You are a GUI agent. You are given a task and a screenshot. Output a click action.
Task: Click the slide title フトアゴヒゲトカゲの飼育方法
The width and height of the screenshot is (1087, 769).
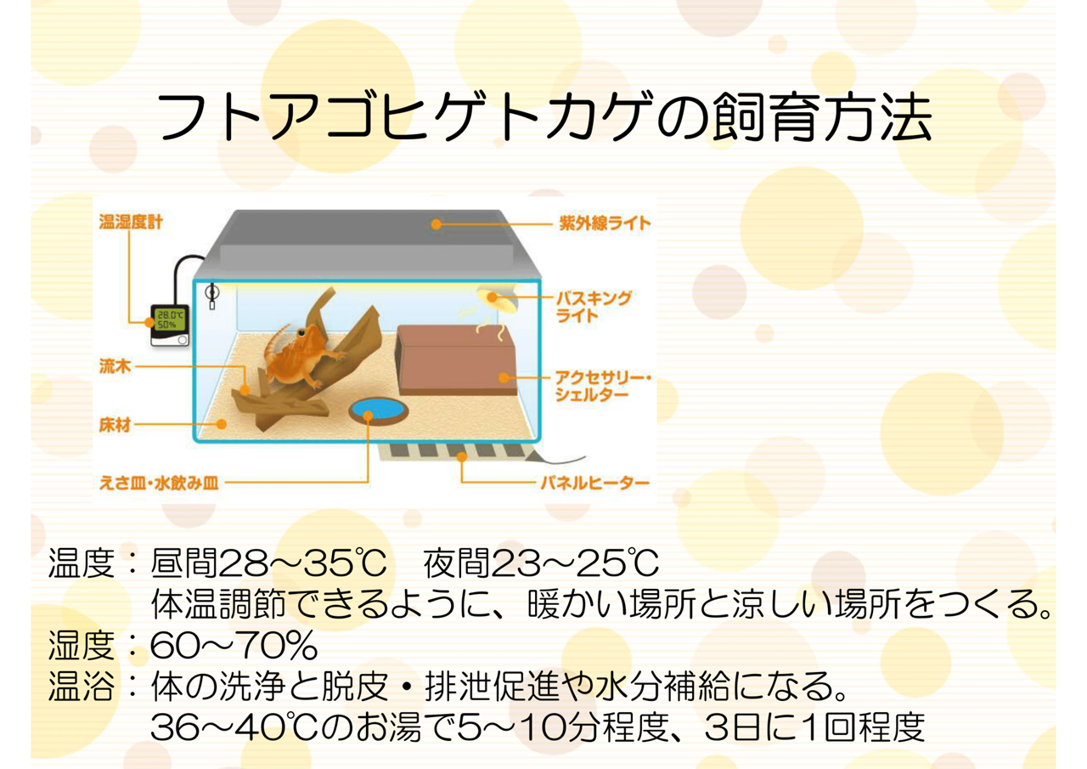coord(544,117)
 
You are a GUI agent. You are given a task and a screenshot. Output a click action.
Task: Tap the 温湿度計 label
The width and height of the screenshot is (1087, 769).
coord(131,222)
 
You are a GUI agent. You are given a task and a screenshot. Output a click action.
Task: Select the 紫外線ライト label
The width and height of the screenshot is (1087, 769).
coord(604,223)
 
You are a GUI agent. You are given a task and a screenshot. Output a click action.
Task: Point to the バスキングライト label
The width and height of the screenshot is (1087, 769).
coord(593,307)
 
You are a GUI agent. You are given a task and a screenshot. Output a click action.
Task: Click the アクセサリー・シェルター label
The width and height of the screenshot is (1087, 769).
coord(603,386)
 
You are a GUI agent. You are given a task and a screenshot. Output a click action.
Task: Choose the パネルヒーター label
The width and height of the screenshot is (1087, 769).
coord(595,483)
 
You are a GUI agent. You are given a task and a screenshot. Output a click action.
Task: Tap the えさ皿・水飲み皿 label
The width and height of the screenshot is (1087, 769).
coord(159,483)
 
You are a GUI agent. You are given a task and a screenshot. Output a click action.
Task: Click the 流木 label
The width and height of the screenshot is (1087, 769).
coord(115,366)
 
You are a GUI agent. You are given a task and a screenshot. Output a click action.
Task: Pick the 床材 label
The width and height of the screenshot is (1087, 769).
coord(115,425)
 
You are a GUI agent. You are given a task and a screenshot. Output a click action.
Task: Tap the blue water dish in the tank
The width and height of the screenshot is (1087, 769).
coord(379,410)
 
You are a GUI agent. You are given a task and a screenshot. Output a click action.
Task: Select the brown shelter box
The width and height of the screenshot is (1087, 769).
coord(455,359)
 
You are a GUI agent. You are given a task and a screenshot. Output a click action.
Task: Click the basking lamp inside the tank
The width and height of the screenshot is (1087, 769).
coord(495,297)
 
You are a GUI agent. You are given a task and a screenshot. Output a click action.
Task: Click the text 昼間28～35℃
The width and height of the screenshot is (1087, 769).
coord(268,563)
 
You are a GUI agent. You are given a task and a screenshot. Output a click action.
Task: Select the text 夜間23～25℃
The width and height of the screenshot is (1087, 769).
coord(541,563)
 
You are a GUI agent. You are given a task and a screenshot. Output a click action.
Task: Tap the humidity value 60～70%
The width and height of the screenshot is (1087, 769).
coord(234,646)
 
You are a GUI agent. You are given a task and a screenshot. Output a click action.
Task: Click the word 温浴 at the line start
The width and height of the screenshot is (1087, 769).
coord(82,687)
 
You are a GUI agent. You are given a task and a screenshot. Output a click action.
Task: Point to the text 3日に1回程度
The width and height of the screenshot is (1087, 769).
coord(814,727)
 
